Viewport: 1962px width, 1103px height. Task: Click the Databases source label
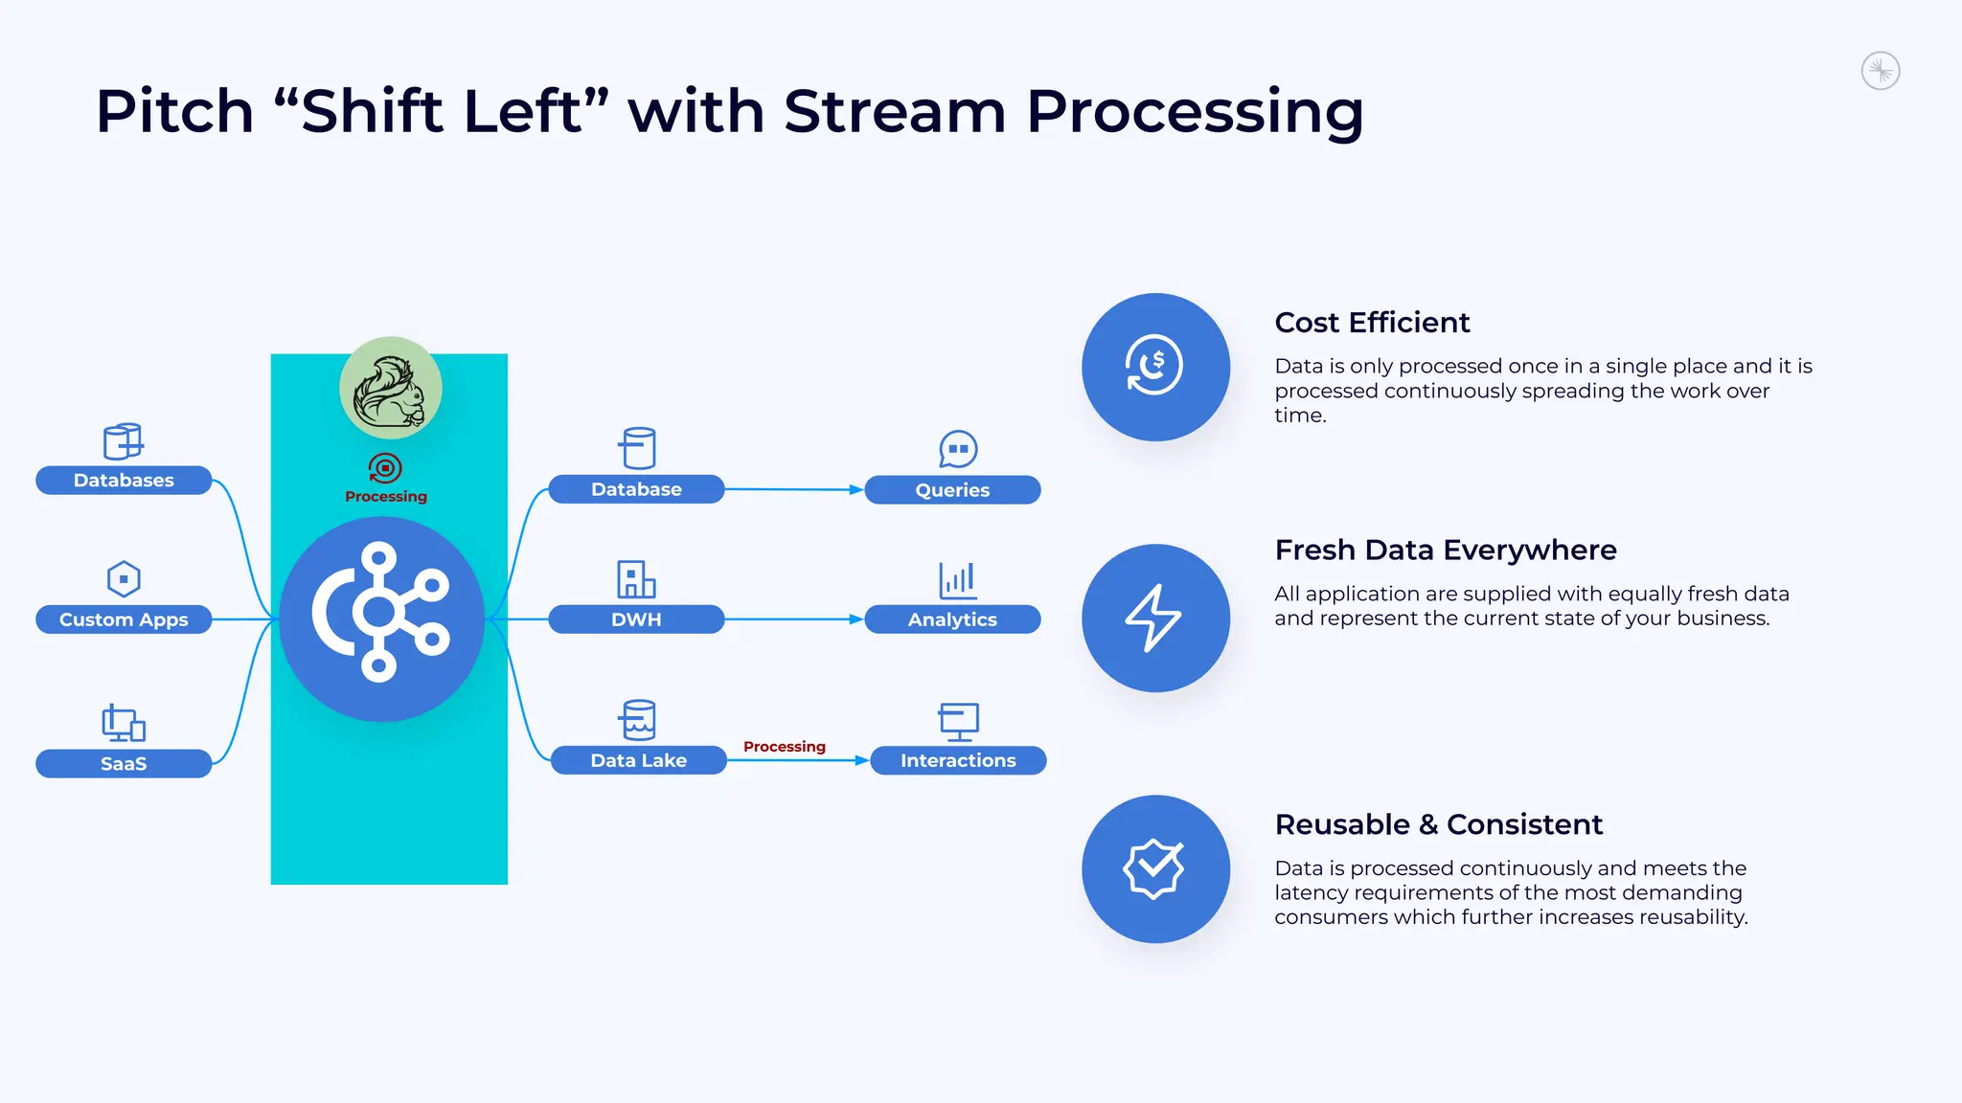coord(124,480)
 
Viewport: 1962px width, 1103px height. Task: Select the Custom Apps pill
coord(124,619)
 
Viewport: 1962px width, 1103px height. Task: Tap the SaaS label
coord(124,763)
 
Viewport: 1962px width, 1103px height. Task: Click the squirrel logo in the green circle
coord(390,389)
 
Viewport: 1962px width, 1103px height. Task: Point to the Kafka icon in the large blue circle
coord(380,613)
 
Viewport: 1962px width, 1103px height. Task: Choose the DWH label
coord(636,619)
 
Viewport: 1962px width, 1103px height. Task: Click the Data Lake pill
coord(638,760)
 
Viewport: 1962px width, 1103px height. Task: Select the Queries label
coord(952,490)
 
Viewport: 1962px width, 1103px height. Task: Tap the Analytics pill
coord(952,619)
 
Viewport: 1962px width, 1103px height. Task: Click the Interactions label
coord(958,760)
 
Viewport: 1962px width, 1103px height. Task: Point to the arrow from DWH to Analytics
coord(794,619)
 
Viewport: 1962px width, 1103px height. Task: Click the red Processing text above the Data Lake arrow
coord(784,746)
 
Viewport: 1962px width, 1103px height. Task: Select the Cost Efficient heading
coord(1372,323)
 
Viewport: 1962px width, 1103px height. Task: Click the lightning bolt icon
coord(1153,618)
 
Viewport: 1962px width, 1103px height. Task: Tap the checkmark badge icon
coord(1153,868)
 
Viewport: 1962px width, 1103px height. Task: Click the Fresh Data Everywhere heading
coord(1445,551)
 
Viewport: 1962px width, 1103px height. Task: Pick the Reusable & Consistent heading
coord(1438,824)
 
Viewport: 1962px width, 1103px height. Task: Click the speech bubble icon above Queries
coord(958,448)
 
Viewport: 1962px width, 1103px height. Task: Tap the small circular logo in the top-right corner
coord(1880,71)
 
